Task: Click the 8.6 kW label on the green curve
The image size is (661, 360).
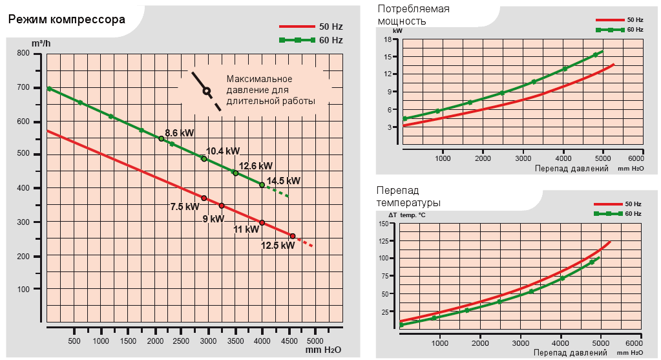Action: pos(179,133)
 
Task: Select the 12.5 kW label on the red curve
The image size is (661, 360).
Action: pos(278,245)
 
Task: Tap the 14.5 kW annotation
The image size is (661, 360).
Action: pos(284,181)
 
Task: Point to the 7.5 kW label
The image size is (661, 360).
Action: pos(185,207)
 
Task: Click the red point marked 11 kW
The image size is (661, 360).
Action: pos(262,223)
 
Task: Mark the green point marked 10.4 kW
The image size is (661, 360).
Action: pos(204,159)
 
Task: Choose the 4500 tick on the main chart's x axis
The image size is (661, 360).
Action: pos(289,341)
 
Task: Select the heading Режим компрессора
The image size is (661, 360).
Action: pos(66,19)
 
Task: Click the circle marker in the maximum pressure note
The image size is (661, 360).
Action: pos(207,91)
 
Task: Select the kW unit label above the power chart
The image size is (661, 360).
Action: pos(397,30)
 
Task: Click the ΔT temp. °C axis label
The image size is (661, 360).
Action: pos(406,215)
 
